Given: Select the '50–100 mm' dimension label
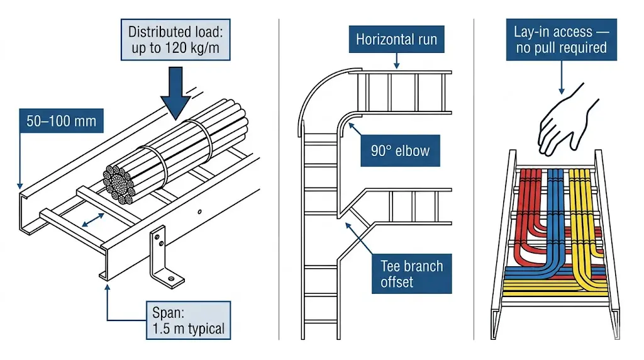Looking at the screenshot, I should [62, 121].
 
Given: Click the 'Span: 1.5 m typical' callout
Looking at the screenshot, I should [188, 320].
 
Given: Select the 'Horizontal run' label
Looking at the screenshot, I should [396, 40].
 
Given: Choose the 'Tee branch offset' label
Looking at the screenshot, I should [411, 274].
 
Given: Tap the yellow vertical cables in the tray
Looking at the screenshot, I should [578, 201].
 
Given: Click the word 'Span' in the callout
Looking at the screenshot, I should [168, 312].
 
